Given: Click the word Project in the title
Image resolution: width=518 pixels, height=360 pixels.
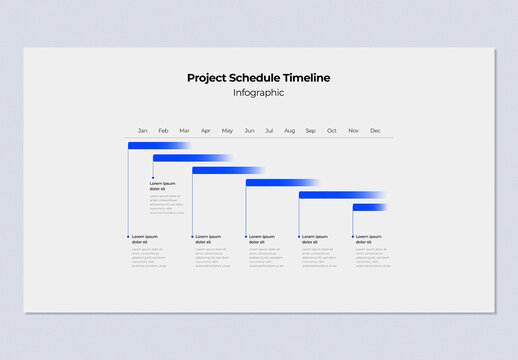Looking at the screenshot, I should [x=206, y=78].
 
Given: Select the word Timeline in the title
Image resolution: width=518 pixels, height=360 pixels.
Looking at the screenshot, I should [x=305, y=78].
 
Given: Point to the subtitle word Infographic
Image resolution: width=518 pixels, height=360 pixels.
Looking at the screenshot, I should [x=258, y=93].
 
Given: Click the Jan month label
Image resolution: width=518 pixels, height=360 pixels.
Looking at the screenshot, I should [x=142, y=131].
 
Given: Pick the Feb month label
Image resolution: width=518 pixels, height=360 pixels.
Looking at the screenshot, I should [x=163, y=131].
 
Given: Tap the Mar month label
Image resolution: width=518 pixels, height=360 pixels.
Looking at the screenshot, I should [x=184, y=131].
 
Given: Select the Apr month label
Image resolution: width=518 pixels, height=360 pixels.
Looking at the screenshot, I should [x=205, y=131].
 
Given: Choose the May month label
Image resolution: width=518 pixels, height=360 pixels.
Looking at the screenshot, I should [x=227, y=131].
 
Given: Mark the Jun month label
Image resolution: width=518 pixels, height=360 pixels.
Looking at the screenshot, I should [x=249, y=131].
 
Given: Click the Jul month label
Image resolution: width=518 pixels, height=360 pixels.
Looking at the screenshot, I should [x=269, y=131].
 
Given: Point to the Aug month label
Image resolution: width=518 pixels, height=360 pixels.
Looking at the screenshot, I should [x=289, y=131].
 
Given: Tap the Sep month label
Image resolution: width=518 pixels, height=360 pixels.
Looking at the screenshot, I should [x=311, y=131].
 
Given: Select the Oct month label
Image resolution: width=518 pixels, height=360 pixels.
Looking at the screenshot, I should [x=332, y=131].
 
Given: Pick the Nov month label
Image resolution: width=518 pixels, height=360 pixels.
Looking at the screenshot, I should [x=353, y=131].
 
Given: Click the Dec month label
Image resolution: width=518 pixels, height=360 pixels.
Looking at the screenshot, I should [x=375, y=131].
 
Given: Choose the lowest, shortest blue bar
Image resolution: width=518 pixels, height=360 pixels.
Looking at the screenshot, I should [x=368, y=207].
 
